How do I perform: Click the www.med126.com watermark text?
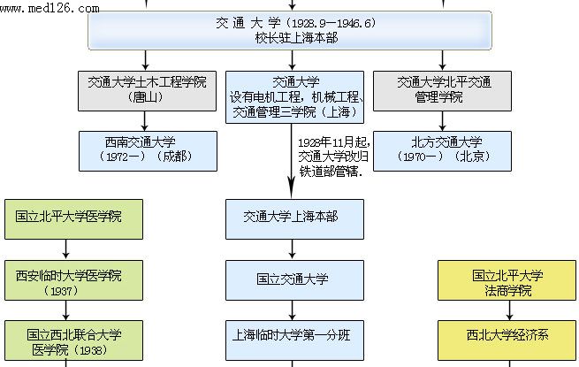(50, 10)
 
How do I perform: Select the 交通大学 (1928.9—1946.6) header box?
(301, 30)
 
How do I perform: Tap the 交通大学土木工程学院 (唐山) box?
(147, 89)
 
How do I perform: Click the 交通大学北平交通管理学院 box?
(438, 89)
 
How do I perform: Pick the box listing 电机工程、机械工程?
(293, 97)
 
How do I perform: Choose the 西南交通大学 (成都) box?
(147, 149)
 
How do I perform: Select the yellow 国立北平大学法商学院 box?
(507, 282)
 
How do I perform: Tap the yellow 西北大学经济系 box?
(507, 337)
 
